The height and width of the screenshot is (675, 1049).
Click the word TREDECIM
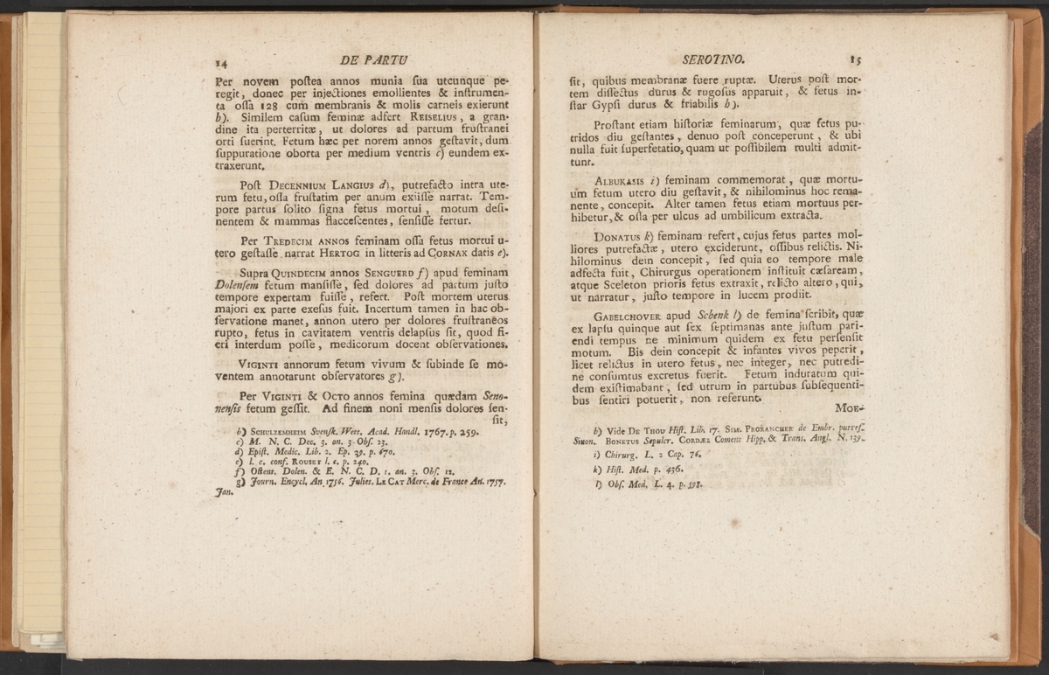(288, 239)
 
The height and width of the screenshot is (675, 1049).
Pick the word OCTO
(325, 395)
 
